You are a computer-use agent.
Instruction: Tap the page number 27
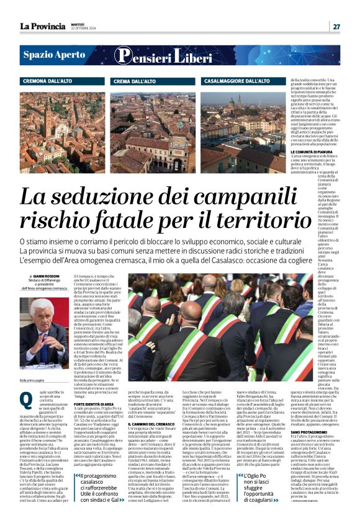tap(336, 26)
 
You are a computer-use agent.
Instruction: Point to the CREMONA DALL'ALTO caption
tap(56, 81)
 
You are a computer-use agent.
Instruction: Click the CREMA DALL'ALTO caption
tap(135, 81)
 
